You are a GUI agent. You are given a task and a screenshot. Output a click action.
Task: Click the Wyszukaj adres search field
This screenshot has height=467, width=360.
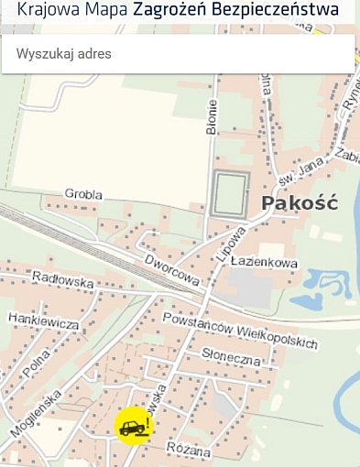tap(179, 54)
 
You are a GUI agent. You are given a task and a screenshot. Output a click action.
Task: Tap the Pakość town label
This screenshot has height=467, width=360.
tap(300, 203)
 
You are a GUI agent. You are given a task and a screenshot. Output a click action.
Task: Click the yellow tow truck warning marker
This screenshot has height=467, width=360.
tap(133, 425)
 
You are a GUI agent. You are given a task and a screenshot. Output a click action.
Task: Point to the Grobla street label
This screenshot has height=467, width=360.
tap(83, 194)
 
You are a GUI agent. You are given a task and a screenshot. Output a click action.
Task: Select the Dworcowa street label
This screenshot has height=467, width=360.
tap(171, 270)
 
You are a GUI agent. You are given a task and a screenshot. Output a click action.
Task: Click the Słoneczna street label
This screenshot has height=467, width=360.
tap(232, 357)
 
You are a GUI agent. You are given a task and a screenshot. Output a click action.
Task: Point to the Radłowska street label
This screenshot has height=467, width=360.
tap(62, 279)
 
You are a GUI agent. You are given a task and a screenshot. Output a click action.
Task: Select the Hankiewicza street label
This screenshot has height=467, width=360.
tap(43, 320)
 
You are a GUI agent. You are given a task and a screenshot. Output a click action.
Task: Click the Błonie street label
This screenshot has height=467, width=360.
tap(212, 118)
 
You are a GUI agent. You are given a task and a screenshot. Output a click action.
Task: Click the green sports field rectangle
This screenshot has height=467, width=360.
tap(230, 193)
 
